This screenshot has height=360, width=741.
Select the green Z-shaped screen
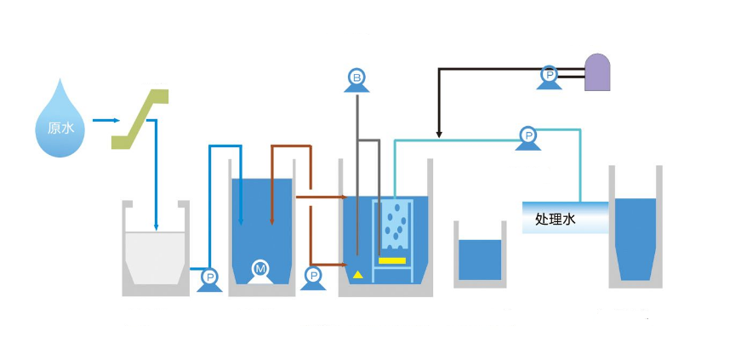[x=141, y=117]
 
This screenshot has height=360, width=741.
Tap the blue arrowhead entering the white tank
[x=156, y=226]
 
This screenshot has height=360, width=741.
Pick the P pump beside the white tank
[x=208, y=278]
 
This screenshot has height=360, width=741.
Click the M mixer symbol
[x=261, y=271]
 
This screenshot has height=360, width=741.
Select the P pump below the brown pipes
[x=313, y=277]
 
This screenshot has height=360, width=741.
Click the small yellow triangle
[x=358, y=274]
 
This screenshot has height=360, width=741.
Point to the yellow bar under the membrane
[x=392, y=260]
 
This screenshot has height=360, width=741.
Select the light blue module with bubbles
[x=393, y=225]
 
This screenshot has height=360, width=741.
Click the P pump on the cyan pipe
[x=527, y=136]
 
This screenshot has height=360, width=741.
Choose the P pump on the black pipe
[x=550, y=77]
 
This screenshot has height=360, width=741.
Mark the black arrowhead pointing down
[x=438, y=134]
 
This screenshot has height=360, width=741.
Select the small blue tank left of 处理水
[x=480, y=259]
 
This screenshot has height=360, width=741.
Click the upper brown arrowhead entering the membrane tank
[x=338, y=197]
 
